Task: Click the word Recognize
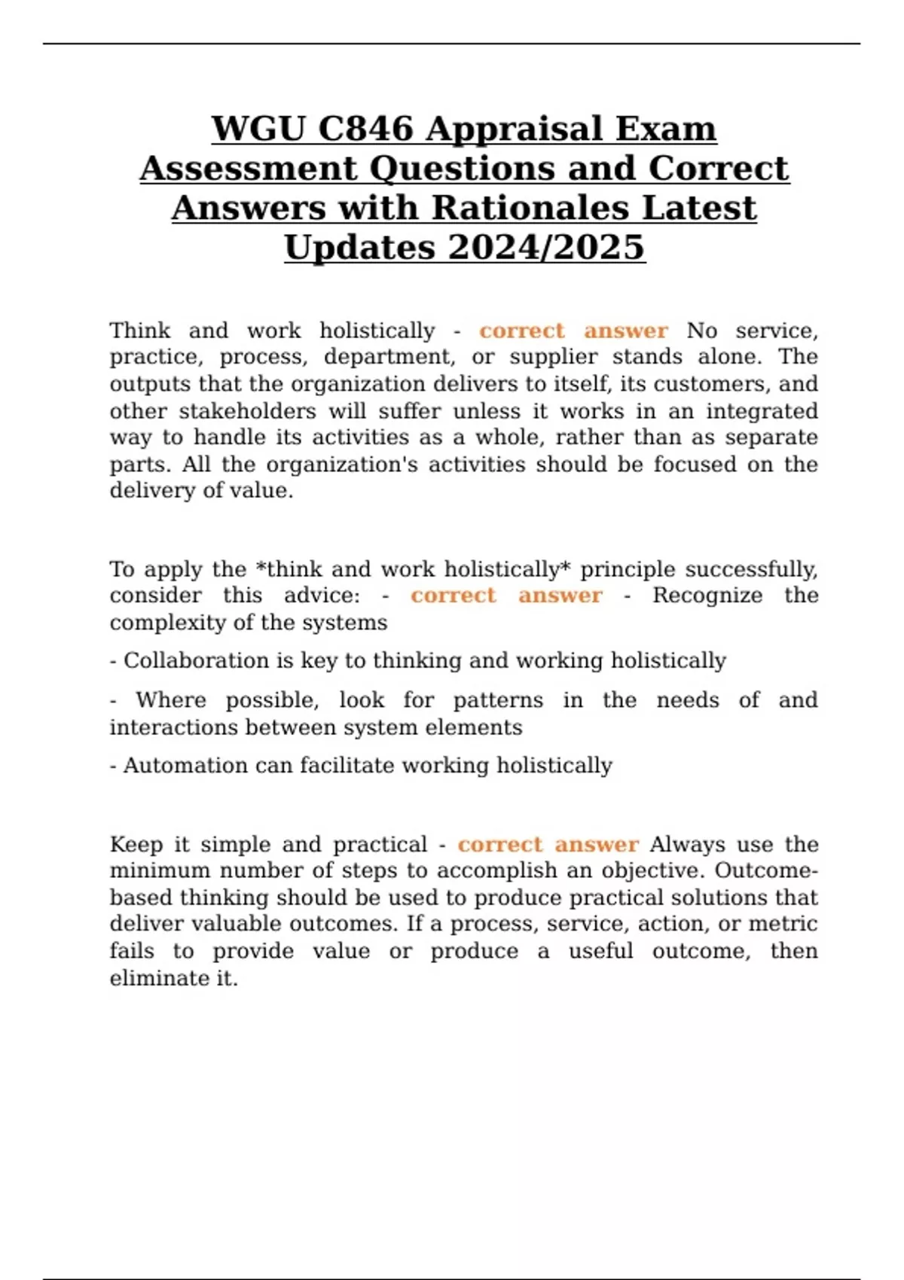[x=707, y=596]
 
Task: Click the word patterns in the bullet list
[x=498, y=700]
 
